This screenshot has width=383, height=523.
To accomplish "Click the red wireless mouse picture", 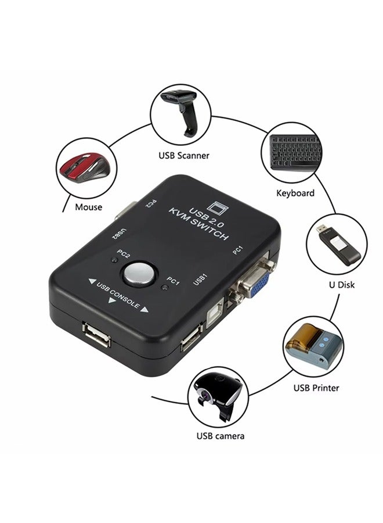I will [x=84, y=168].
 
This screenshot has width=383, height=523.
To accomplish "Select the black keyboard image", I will [x=295, y=153].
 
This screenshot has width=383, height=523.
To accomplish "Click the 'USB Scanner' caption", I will [x=184, y=156].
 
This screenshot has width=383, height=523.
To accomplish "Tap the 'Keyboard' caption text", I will [x=295, y=193].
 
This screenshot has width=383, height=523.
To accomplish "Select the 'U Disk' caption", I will [x=341, y=285].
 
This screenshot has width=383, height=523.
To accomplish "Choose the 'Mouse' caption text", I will [x=88, y=207].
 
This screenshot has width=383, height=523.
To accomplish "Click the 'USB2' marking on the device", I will [x=119, y=233].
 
